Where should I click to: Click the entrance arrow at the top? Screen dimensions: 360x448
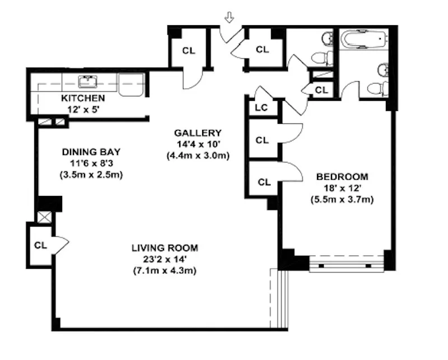[229, 18]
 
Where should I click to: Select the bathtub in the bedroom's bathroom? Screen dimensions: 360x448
[364, 40]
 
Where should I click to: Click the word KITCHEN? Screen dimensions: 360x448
[83, 98]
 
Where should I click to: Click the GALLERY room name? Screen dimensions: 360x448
[198, 133]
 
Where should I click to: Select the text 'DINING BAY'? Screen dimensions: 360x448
[91, 152]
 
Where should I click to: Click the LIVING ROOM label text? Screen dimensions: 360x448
[165, 248]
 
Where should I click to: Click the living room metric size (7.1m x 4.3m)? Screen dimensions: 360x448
[165, 270]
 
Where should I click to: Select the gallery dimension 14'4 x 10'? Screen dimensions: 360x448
[198, 144]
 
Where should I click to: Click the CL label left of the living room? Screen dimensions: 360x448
[40, 245]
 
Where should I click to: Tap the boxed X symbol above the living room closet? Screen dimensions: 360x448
[44, 217]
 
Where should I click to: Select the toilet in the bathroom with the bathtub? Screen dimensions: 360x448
[376, 88]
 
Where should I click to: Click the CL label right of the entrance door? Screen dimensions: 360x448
[262, 49]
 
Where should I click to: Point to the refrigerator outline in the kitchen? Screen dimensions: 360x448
[132, 85]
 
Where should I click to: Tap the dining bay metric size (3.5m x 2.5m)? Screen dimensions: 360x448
[91, 174]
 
